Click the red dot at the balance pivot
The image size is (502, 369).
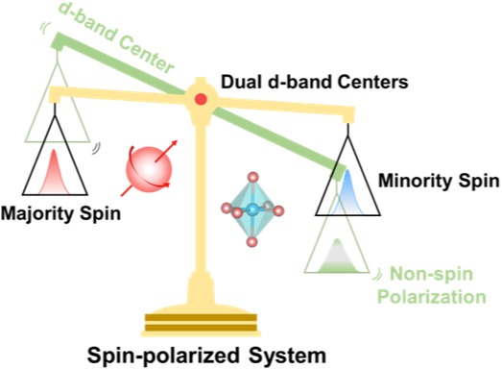point(201,99)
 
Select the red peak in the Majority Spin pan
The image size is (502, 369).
point(54,172)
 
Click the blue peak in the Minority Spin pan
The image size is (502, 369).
point(347,191)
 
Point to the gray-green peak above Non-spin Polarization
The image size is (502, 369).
point(337,256)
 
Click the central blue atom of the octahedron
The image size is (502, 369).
point(253,209)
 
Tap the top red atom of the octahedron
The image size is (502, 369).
point(253,177)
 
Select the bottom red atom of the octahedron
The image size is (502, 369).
point(252,241)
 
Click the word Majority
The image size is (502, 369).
point(38,214)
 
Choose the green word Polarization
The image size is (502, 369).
point(432,297)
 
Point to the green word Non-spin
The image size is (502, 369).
point(431,274)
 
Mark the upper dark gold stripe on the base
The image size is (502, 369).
point(201,317)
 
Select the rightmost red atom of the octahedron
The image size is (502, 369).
point(278,210)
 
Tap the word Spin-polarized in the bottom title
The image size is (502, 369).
point(163,356)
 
